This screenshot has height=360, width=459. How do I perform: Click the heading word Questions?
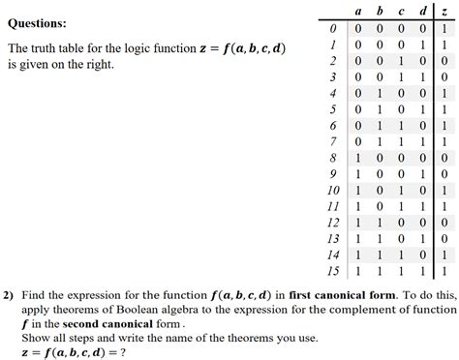click(37, 22)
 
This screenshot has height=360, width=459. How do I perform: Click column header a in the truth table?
click(359, 11)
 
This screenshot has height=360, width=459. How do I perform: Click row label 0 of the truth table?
click(333, 28)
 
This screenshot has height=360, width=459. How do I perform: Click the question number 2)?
click(9, 295)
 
